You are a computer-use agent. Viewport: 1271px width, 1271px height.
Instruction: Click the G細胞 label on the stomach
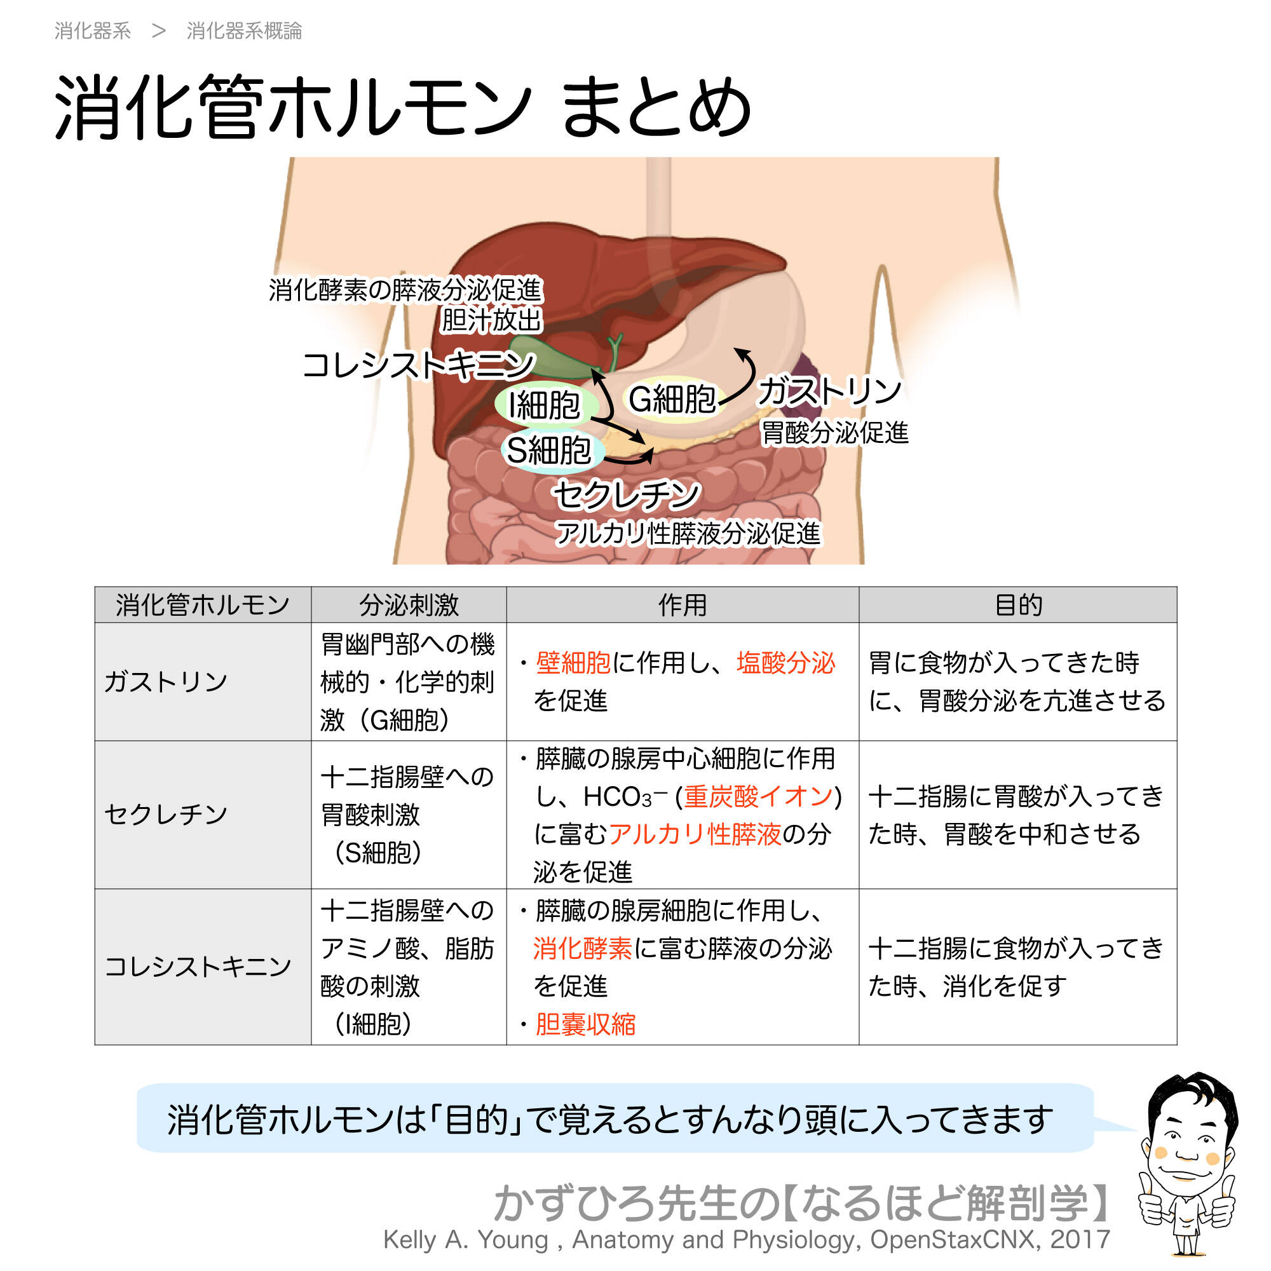click(x=672, y=399)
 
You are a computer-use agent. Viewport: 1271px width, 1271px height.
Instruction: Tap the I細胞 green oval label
click(x=545, y=405)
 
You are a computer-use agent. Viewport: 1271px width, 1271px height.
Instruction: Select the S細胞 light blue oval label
click(x=549, y=451)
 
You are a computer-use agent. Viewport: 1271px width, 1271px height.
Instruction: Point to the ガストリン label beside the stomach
click(x=829, y=391)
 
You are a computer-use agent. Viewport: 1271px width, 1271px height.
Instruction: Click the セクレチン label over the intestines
click(x=627, y=494)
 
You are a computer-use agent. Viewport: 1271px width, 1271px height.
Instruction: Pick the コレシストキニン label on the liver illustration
click(x=418, y=365)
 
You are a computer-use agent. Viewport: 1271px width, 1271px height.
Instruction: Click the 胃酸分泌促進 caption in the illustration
click(x=834, y=433)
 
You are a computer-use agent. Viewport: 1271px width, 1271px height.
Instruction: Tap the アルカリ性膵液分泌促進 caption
click(x=688, y=534)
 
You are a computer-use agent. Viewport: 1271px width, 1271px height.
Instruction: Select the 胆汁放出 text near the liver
click(x=491, y=320)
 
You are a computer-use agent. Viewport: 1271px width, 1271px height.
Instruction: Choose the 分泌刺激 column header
click(x=409, y=604)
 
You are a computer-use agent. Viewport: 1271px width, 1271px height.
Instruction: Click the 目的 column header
click(x=1017, y=604)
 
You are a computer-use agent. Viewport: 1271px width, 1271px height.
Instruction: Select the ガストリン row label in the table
click(x=166, y=681)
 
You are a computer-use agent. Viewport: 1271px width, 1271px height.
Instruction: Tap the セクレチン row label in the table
click(x=166, y=815)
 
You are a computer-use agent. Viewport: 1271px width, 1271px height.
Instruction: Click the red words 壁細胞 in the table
click(x=573, y=663)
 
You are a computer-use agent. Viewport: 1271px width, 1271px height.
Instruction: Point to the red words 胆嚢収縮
click(x=585, y=1024)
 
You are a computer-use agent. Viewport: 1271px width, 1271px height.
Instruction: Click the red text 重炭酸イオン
click(x=759, y=797)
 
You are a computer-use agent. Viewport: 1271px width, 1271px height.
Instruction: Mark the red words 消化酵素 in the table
click(x=582, y=949)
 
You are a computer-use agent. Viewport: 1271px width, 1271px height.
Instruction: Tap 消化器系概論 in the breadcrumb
click(x=244, y=31)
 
